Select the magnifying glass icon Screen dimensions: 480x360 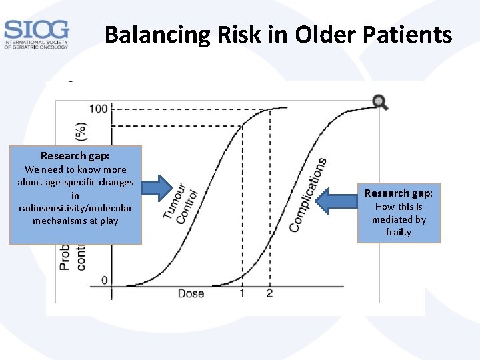(x=380, y=102)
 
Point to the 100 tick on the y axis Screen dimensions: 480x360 (x=98, y=109)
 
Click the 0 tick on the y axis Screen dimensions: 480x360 (x=104, y=280)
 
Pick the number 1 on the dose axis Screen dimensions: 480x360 (x=242, y=293)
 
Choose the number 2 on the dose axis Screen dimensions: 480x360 (x=269, y=293)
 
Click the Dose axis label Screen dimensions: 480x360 (x=191, y=293)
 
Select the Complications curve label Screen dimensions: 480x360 (x=307, y=195)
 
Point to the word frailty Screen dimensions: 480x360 (x=399, y=232)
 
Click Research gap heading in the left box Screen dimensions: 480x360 (x=75, y=156)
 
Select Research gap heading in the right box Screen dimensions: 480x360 (x=398, y=193)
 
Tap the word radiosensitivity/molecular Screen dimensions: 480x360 (x=75, y=208)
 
